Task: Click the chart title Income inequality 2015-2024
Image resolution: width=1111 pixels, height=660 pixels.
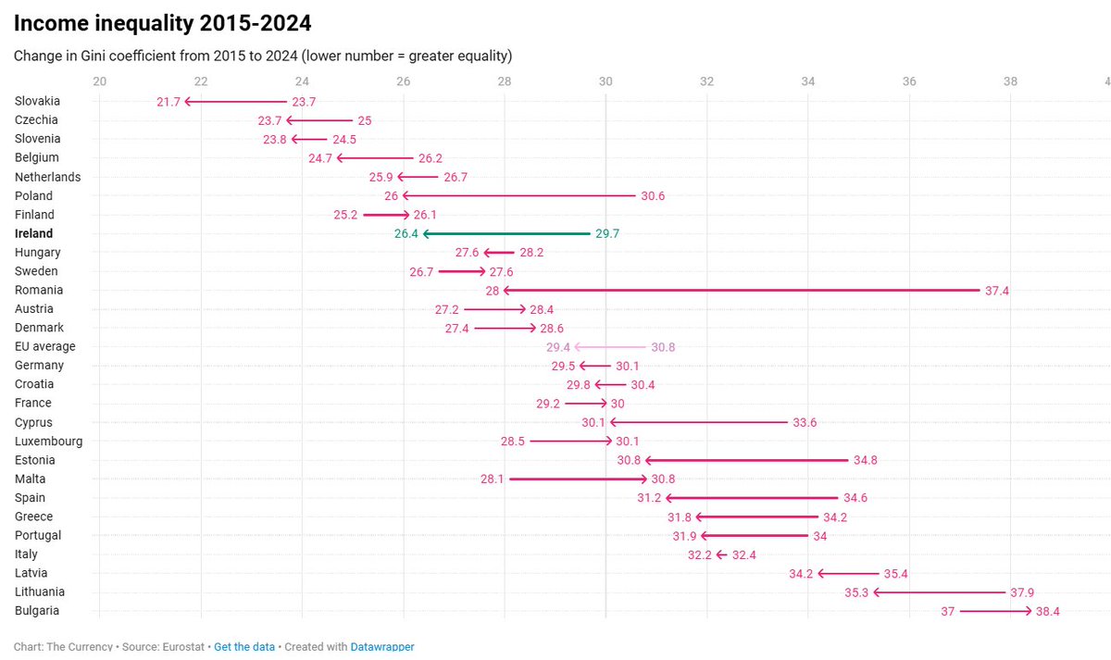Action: pyautogui.click(x=163, y=22)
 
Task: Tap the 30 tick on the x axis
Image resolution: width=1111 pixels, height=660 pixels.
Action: pyautogui.click(x=605, y=81)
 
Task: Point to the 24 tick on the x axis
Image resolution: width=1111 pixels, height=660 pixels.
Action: pyautogui.click(x=303, y=81)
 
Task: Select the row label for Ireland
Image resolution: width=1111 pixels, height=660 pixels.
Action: pyautogui.click(x=34, y=233)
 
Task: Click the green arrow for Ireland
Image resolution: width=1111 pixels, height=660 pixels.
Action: pyautogui.click(x=506, y=233)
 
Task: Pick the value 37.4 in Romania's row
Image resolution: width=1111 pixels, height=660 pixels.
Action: pyautogui.click(x=997, y=291)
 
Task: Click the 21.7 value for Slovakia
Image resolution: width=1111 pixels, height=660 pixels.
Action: pyautogui.click(x=168, y=102)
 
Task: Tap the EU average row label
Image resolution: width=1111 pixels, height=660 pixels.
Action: pyautogui.click(x=45, y=346)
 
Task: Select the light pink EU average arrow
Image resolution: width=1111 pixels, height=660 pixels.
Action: pyautogui.click(x=611, y=346)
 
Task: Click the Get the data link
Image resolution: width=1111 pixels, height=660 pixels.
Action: pyautogui.click(x=244, y=647)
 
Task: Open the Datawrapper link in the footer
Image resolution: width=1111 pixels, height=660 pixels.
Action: pyautogui.click(x=382, y=647)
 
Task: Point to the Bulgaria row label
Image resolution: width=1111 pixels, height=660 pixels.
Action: pyautogui.click(x=37, y=610)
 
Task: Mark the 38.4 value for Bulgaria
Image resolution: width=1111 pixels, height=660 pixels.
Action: pyautogui.click(x=1048, y=611)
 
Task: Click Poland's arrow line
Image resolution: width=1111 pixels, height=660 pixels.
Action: pyautogui.click(x=518, y=196)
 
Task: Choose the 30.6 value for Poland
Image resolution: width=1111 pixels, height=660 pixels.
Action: pyautogui.click(x=653, y=196)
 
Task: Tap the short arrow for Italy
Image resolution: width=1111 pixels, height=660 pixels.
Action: pyautogui.click(x=722, y=554)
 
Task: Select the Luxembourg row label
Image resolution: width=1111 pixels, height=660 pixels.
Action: pyautogui.click(x=48, y=441)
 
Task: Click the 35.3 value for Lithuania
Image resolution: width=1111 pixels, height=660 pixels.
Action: pyautogui.click(x=857, y=592)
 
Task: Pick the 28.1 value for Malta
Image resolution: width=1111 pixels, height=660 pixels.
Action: pyautogui.click(x=493, y=479)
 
